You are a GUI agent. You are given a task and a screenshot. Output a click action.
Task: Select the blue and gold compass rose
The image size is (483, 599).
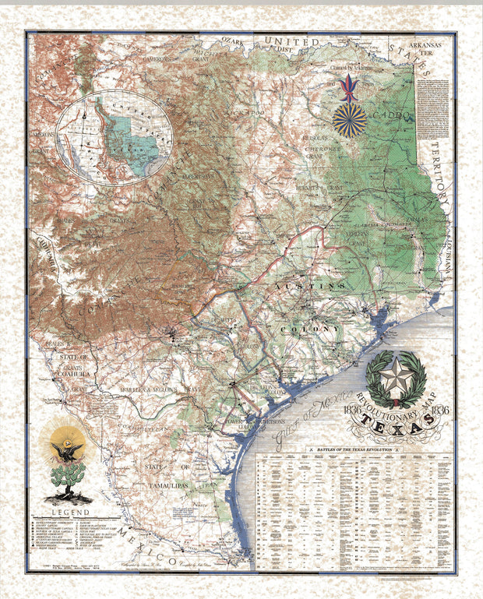(350, 121)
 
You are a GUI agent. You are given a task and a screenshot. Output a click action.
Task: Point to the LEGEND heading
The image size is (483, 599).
(69, 511)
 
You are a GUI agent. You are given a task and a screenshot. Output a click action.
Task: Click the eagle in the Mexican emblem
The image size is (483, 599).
(68, 450)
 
